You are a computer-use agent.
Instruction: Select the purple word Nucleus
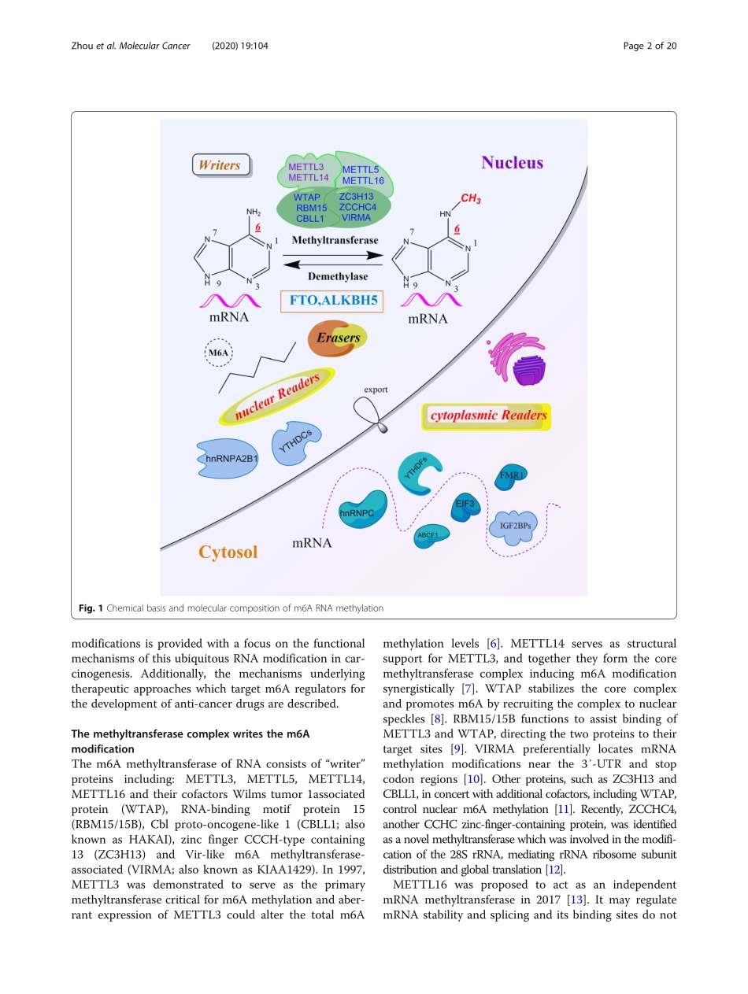click(512, 163)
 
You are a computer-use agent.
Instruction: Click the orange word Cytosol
click(228, 552)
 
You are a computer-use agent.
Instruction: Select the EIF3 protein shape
click(465, 504)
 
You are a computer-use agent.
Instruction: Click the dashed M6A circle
click(218, 354)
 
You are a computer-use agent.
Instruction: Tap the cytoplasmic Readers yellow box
click(486, 416)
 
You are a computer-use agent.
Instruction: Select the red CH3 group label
click(471, 199)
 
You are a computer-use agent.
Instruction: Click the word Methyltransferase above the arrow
click(334, 240)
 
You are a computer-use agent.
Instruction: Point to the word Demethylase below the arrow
click(337, 276)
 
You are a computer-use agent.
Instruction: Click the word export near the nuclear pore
click(376, 390)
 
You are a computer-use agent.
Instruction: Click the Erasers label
click(339, 337)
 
